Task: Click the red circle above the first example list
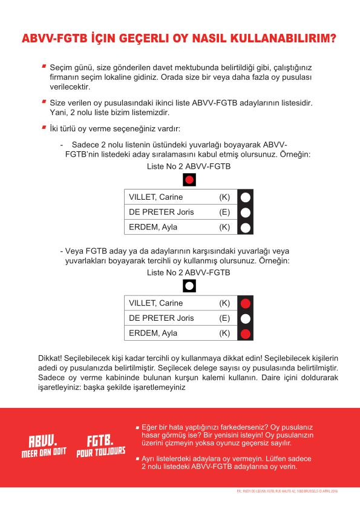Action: (189, 179)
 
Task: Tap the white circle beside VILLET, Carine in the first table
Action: (245, 197)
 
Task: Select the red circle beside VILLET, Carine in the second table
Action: (245, 303)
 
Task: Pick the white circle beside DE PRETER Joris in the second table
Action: (245, 318)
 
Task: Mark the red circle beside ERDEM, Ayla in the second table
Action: (245, 333)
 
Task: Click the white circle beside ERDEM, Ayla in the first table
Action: (245, 228)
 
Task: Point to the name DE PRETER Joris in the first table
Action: (159, 212)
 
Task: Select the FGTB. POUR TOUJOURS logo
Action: (101, 445)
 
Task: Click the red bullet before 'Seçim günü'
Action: (44, 65)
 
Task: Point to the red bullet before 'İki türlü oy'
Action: (44, 128)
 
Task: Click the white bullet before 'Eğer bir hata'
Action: (137, 427)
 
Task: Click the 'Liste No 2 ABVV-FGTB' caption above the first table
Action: (188, 165)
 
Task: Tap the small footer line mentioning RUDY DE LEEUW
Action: (289, 491)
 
